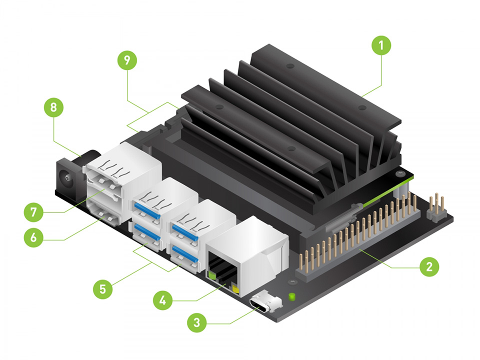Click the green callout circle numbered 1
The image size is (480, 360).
coord(381,46)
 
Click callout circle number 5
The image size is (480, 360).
coord(103,288)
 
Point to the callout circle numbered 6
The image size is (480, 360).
coord(33,237)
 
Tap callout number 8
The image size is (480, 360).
coord(54,107)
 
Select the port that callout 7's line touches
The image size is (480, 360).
coord(105,190)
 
